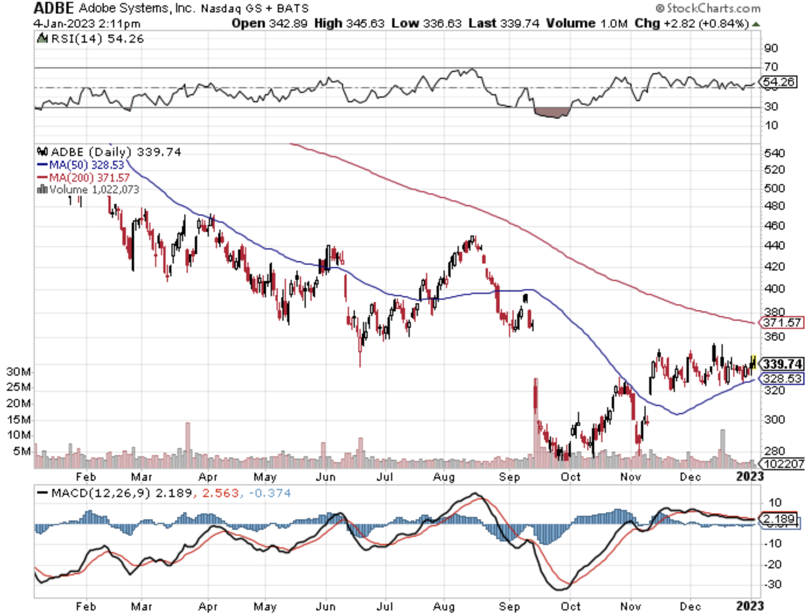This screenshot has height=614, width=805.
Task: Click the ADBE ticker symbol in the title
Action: [x=54, y=8]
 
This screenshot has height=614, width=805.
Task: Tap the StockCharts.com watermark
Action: [x=708, y=8]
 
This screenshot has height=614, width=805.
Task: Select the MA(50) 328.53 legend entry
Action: [x=81, y=165]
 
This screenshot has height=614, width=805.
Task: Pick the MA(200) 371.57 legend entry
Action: [x=84, y=177]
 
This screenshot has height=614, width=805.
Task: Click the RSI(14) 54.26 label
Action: [x=91, y=39]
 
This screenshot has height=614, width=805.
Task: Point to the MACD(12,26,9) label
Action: [x=95, y=493]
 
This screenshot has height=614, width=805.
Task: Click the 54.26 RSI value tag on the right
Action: [x=779, y=82]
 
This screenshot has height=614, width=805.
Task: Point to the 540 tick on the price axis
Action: [x=774, y=153]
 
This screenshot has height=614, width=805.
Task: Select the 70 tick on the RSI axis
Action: [x=771, y=67]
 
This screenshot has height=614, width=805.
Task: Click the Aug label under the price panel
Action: [x=444, y=477]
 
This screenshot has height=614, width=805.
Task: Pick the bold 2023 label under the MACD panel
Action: [x=749, y=606]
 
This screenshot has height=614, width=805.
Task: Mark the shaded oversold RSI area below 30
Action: [x=552, y=112]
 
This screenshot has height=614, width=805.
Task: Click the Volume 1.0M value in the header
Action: [x=587, y=24]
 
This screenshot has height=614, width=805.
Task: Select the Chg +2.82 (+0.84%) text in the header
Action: [x=691, y=24]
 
